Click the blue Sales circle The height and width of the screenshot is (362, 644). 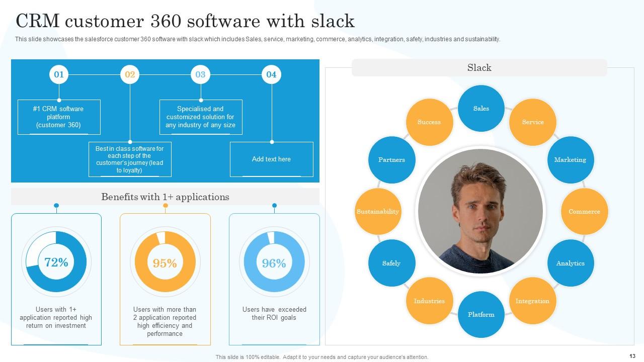(481, 109)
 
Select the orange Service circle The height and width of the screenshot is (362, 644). (532, 122)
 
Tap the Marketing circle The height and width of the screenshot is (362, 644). (570, 160)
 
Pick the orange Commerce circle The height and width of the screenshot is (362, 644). (584, 212)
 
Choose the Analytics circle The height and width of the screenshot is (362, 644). (570, 263)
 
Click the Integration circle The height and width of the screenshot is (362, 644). (532, 301)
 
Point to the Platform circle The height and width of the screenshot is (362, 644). (481, 315)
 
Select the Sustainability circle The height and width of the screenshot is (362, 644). (378, 212)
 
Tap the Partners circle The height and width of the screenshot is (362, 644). (391, 160)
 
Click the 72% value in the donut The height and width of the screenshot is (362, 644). (56, 262)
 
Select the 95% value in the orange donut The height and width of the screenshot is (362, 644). (165, 263)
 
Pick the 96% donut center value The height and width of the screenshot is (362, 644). (274, 263)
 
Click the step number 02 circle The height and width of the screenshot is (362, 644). (130, 74)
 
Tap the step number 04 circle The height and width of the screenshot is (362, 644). (271, 74)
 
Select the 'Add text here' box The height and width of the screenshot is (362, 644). (271, 159)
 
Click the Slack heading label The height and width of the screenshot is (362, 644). (479, 68)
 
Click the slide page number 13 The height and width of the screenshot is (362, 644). (632, 356)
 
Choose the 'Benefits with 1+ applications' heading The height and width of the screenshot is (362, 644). (165, 197)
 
